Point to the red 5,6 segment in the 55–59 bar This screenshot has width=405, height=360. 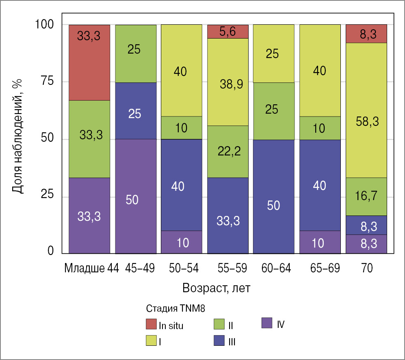point(227,31)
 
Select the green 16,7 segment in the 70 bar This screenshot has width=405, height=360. point(366,196)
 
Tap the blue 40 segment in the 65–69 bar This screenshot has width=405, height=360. point(320,185)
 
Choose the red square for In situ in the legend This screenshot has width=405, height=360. point(151,324)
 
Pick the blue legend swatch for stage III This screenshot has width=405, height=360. point(219,341)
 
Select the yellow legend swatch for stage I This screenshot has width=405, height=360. point(151,341)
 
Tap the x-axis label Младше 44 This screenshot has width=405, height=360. point(91,269)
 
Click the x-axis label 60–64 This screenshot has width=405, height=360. point(273,269)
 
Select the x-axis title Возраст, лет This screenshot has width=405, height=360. point(216,289)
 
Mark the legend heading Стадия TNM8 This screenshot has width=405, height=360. point(175,308)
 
